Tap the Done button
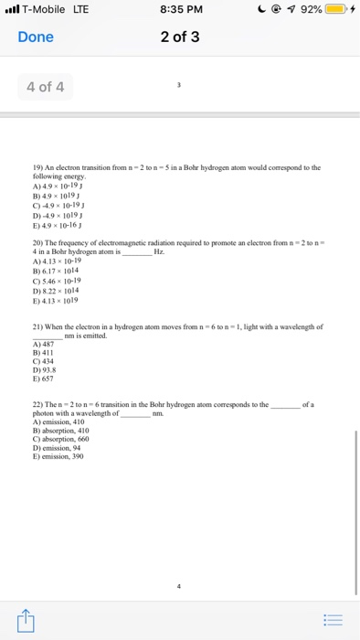(37, 37)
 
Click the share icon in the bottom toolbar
(25, 620)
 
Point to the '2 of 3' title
(180, 37)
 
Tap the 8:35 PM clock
(180, 10)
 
